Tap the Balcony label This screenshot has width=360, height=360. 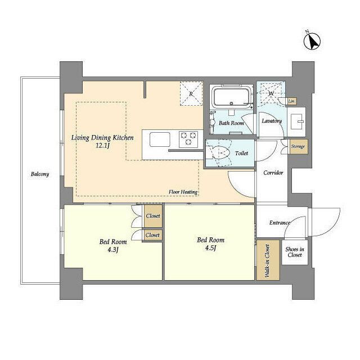click(x=40, y=174)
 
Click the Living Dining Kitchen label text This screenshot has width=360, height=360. click(x=102, y=137)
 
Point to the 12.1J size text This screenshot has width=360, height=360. click(x=102, y=146)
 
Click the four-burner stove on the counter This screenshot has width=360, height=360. click(x=188, y=137)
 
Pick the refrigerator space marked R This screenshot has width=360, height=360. click(x=191, y=94)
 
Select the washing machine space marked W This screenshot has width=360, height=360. click(x=271, y=93)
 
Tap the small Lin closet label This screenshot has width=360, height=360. click(x=291, y=101)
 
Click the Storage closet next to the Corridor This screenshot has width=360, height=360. click(x=298, y=146)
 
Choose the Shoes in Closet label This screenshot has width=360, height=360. click(x=294, y=252)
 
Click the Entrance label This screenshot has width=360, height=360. click(x=280, y=223)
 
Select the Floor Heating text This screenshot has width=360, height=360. click(x=183, y=192)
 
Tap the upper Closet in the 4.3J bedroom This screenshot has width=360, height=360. click(x=152, y=215)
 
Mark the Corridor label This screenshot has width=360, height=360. click(x=273, y=173)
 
